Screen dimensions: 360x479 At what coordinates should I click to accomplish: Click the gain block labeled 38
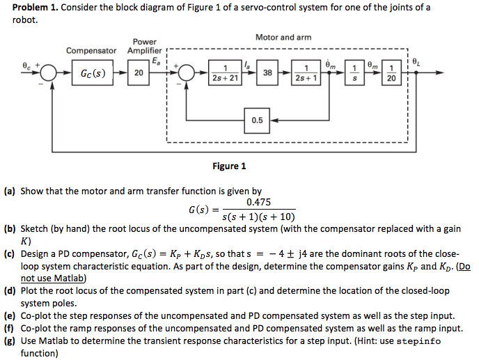pyautogui.click(x=267, y=73)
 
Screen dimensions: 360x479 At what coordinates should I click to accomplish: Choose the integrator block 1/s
pyautogui.click(x=355, y=73)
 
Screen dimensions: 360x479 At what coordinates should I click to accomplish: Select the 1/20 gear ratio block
pyautogui.click(x=391, y=73)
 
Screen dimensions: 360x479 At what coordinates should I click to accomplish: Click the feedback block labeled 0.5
pyautogui.click(x=257, y=120)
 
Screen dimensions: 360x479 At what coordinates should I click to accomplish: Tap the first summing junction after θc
pyautogui.click(x=49, y=73)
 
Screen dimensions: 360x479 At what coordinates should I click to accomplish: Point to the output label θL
pyautogui.click(x=416, y=61)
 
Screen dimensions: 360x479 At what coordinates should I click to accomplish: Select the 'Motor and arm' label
pyautogui.click(x=283, y=37)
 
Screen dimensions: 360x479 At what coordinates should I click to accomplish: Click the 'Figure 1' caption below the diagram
pyautogui.click(x=229, y=166)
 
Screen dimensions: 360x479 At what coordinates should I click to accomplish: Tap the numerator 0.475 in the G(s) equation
pyautogui.click(x=258, y=202)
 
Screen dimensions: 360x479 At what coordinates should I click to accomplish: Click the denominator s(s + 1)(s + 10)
pyautogui.click(x=258, y=216)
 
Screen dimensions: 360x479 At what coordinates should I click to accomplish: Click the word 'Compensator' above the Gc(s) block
pyautogui.click(x=91, y=51)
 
